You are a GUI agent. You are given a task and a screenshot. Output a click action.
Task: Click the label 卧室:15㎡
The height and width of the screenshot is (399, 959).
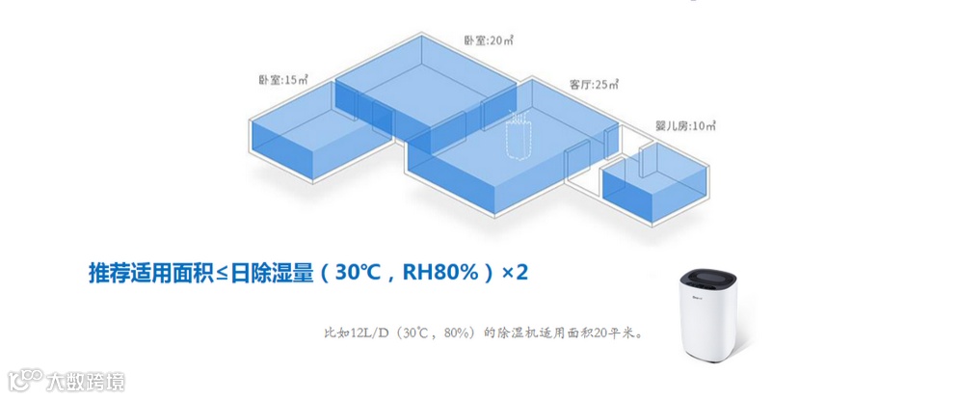tap(282, 80)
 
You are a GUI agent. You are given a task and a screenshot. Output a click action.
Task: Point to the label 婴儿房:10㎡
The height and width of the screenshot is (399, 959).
tap(685, 126)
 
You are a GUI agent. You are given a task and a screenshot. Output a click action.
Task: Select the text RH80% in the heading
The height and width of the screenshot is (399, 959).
tap(442, 273)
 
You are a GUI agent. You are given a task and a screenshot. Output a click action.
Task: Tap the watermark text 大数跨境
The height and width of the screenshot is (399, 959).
tap(86, 383)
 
